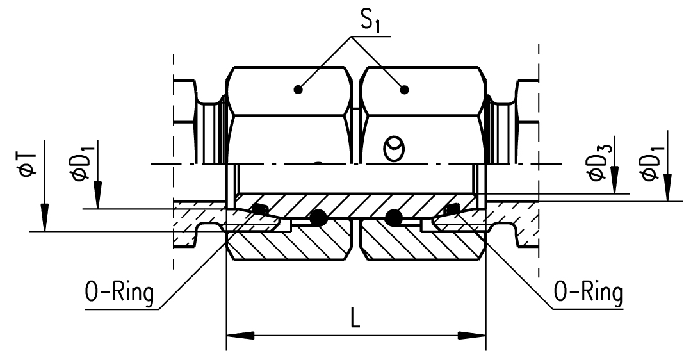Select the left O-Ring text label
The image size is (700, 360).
[120, 294]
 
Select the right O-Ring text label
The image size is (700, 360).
[588, 294]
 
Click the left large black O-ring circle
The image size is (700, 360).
[316, 218]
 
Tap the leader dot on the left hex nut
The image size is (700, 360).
[298, 90]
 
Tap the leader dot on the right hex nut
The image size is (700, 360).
[404, 90]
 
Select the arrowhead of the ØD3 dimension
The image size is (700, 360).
[614, 183]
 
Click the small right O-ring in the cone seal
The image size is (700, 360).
[452, 209]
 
